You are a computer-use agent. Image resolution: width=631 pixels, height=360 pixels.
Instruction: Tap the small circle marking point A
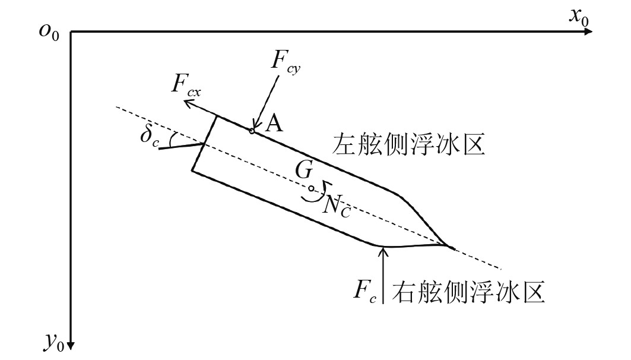pyautogui.click(x=252, y=131)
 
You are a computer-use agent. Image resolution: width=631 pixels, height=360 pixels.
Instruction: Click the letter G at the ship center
pyautogui.click(x=305, y=172)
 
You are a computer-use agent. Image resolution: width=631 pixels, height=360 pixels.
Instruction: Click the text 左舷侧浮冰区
pyautogui.click(x=409, y=144)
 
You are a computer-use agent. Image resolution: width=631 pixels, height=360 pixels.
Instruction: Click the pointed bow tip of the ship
pyautogui.click(x=453, y=247)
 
